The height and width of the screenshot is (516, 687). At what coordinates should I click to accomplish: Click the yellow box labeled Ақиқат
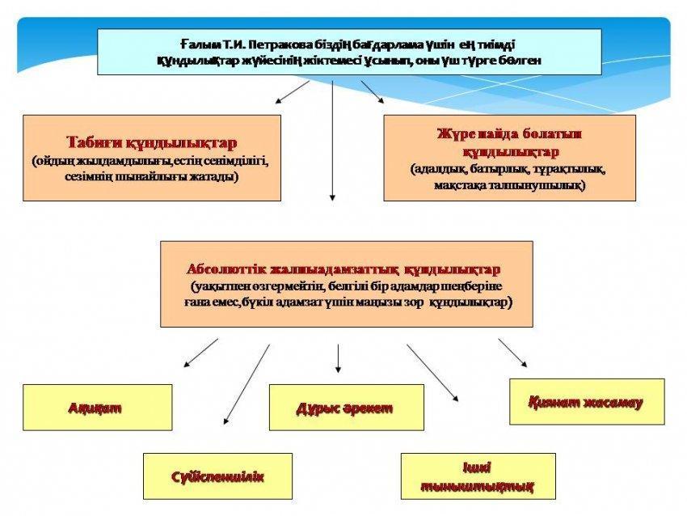pyautogui.click(x=97, y=408)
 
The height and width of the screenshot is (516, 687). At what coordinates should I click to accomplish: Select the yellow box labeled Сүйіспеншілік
pyautogui.click(x=217, y=476)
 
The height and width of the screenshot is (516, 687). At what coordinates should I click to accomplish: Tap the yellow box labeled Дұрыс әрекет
pyautogui.click(x=347, y=408)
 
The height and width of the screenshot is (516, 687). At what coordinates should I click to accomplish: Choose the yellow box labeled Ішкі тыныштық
pyautogui.click(x=478, y=476)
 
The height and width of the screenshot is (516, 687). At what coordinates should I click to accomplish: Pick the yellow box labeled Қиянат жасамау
pyautogui.click(x=587, y=402)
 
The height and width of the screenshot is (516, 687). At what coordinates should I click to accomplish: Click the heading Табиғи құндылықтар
pyautogui.click(x=152, y=143)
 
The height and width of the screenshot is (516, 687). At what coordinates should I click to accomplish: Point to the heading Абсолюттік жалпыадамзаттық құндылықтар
pyautogui.click(x=343, y=269)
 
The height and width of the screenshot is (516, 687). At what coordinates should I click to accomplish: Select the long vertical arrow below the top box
pyautogui.click(x=332, y=141)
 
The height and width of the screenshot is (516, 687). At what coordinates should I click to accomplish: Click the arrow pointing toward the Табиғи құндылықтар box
pyautogui.click(x=293, y=92)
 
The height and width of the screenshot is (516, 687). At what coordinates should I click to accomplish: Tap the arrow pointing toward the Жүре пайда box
pyautogui.click(x=373, y=92)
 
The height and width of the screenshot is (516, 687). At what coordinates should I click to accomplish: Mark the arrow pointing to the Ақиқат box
pyautogui.click(x=200, y=353)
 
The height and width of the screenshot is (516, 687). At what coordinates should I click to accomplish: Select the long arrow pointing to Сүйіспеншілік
pyautogui.click(x=247, y=384)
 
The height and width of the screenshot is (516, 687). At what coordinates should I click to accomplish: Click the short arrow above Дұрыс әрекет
pyautogui.click(x=338, y=358)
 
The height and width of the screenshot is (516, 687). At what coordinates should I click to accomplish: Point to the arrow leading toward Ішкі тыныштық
pyautogui.click(x=432, y=373)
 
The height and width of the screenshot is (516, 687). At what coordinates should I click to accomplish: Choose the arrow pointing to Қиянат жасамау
pyautogui.click(x=512, y=353)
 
